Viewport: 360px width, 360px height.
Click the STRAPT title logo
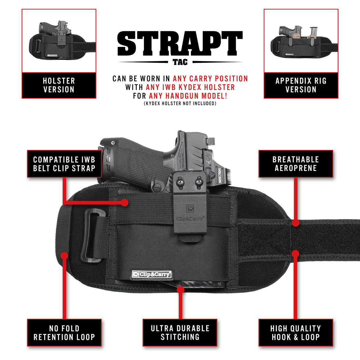tap(180, 43)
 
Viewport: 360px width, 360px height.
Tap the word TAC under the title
tap(180, 62)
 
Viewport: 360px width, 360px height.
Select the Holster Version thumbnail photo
tap(59, 41)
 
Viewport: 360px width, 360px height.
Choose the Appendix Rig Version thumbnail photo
tap(301, 41)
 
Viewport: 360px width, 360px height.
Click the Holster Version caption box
tap(59, 85)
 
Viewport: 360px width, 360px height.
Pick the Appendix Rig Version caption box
tap(301, 85)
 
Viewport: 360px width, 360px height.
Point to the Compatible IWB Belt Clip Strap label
tap(64, 164)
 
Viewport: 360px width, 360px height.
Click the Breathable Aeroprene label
tap(296, 164)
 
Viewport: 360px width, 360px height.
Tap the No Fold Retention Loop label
tap(64, 333)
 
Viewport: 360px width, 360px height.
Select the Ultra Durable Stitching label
tap(180, 333)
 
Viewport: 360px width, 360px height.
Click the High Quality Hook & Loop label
tap(296, 333)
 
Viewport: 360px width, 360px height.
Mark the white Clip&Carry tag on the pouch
tap(152, 274)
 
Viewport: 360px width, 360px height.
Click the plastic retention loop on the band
tap(93, 236)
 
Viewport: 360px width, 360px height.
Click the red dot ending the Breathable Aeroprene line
tap(295, 223)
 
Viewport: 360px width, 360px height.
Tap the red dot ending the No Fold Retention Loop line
tap(64, 256)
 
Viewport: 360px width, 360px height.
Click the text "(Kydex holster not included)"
tap(180, 103)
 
